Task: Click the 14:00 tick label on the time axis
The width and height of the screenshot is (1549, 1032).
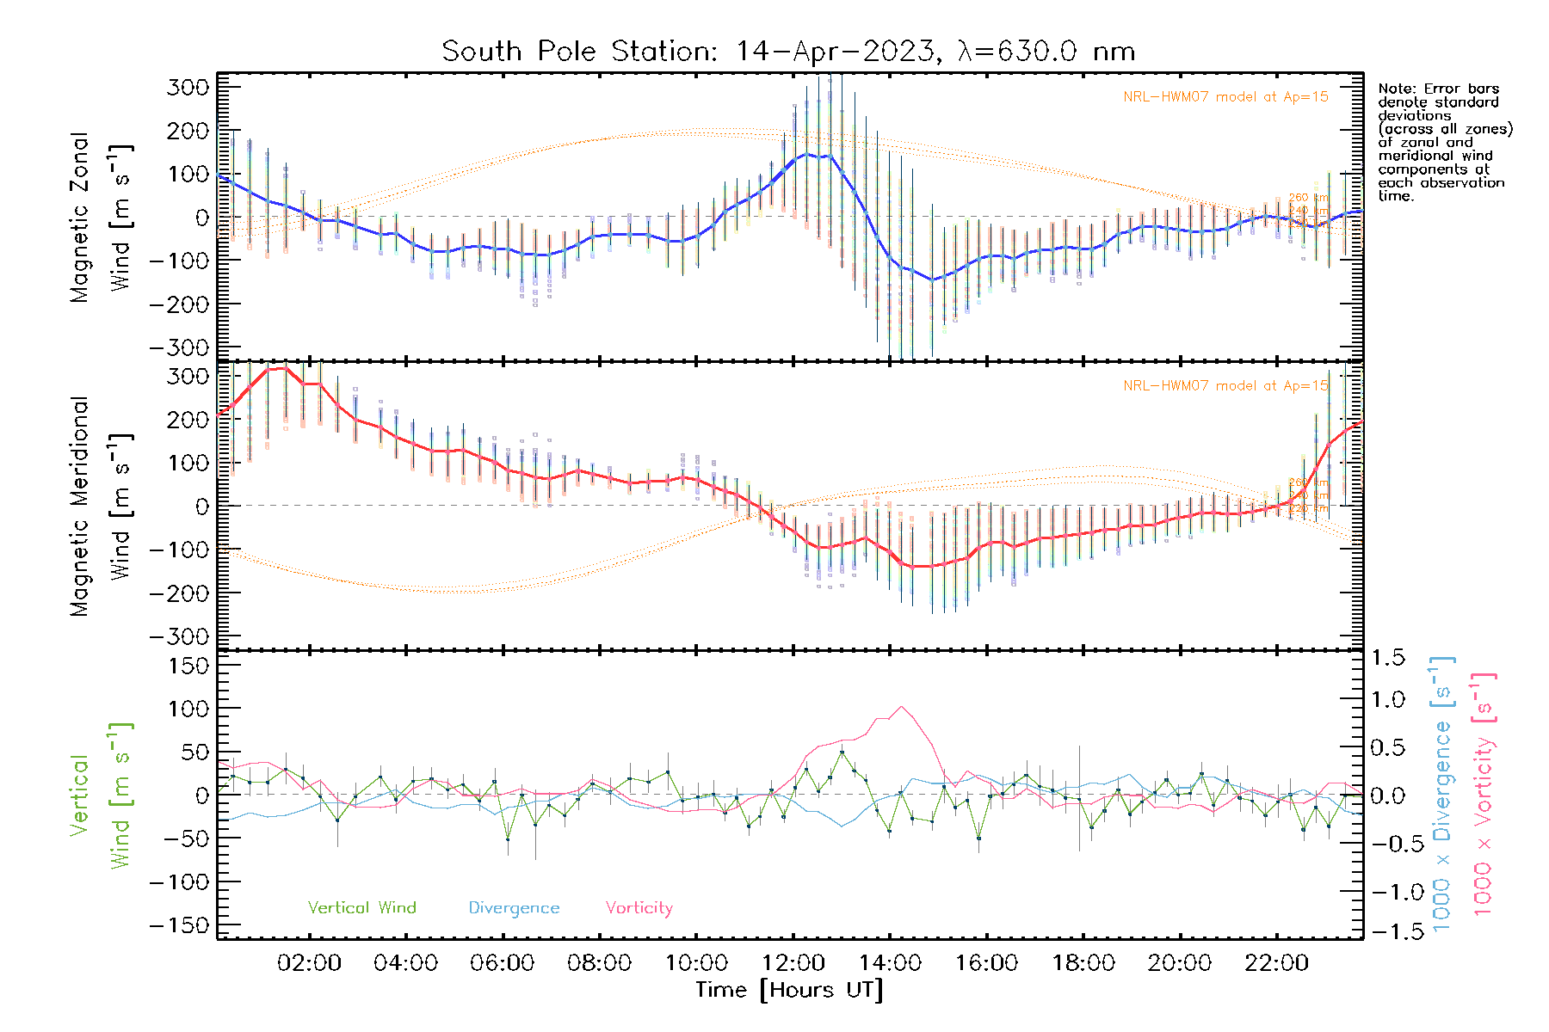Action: [890, 963]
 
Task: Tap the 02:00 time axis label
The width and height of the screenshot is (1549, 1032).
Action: [309, 963]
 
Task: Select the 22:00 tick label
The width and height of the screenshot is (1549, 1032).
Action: [1276, 963]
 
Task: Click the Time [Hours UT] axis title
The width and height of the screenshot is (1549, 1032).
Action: [789, 990]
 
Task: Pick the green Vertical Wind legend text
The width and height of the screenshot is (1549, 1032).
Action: [361, 908]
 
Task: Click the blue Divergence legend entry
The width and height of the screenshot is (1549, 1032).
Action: [514, 908]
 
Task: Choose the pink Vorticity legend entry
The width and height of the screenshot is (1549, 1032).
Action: [639, 908]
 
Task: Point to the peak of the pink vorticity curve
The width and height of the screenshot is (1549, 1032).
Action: [901, 707]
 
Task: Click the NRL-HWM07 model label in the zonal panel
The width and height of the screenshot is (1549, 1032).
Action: [1225, 97]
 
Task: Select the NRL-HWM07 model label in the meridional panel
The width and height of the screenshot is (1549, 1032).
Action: [1225, 386]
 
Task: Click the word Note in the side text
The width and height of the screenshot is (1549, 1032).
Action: [1394, 89]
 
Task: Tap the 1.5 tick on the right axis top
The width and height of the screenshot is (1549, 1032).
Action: [1387, 658]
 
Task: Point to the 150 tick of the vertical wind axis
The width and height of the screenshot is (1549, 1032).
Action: [188, 666]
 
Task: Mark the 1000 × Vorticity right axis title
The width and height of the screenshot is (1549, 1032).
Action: [1484, 795]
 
